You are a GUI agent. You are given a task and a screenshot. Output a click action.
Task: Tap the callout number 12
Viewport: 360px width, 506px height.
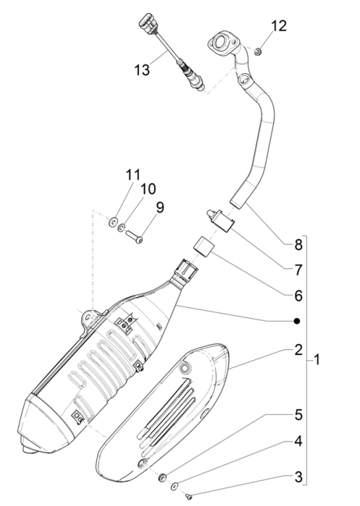(278, 27)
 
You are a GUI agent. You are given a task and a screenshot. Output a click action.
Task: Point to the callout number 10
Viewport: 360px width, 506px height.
(147, 189)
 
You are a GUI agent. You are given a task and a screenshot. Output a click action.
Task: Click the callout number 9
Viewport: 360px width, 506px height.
(159, 207)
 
